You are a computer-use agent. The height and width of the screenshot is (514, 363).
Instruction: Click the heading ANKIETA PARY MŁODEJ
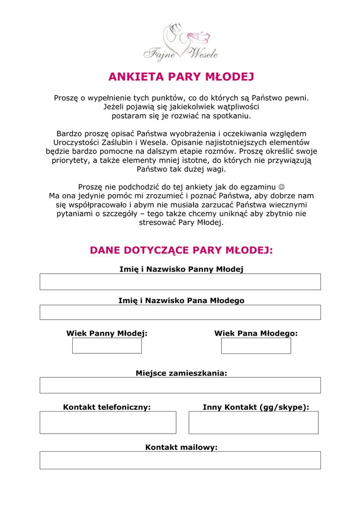(181, 77)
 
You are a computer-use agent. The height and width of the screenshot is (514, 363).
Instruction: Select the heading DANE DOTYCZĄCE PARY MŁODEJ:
(181, 250)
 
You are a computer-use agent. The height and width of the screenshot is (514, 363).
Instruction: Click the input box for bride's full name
(180, 282)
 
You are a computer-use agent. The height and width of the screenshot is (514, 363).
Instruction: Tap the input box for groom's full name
(180, 312)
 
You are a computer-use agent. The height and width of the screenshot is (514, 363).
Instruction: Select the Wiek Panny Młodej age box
(107, 345)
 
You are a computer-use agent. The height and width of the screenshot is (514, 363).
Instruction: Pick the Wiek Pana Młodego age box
(256, 345)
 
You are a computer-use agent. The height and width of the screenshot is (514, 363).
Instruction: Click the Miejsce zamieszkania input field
(180, 385)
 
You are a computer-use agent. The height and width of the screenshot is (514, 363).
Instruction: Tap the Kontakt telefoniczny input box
(108, 422)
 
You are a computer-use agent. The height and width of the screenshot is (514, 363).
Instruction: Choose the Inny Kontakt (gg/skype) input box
(253, 422)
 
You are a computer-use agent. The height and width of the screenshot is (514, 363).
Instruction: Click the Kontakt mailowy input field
(180, 460)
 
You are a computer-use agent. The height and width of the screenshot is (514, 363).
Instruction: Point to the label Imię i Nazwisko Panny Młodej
(181, 270)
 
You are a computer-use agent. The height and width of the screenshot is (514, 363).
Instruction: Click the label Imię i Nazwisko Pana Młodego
(181, 301)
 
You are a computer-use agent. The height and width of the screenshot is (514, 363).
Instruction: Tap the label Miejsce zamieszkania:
(181, 373)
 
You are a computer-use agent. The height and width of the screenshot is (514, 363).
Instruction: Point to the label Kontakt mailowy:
(181, 447)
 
